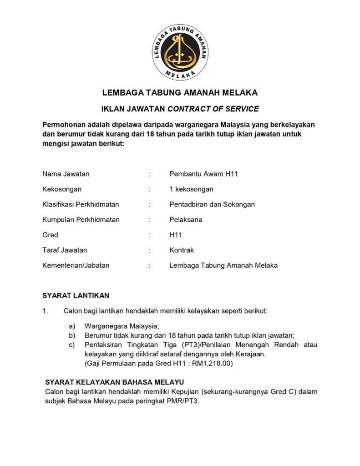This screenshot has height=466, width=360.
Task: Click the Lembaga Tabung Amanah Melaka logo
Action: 180,52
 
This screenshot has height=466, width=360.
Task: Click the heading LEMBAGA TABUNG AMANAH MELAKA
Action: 180,93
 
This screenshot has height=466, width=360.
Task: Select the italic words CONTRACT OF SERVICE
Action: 213,109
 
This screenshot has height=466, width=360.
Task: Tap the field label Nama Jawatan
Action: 66,174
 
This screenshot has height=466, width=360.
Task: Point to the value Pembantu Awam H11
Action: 204,174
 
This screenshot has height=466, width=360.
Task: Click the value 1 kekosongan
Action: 191,189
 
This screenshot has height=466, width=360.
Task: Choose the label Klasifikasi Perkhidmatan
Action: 81,204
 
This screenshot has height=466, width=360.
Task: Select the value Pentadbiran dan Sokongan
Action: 212,204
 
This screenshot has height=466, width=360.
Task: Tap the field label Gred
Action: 50,235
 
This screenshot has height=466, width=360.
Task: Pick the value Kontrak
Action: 182,250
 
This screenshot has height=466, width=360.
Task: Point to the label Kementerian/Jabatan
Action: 76,265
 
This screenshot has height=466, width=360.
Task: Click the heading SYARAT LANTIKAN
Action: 76,295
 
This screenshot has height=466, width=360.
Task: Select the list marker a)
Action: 72,326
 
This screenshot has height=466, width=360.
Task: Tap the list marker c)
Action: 72,345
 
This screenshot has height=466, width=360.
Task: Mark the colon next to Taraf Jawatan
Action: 149,250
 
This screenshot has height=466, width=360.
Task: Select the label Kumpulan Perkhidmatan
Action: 81,219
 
